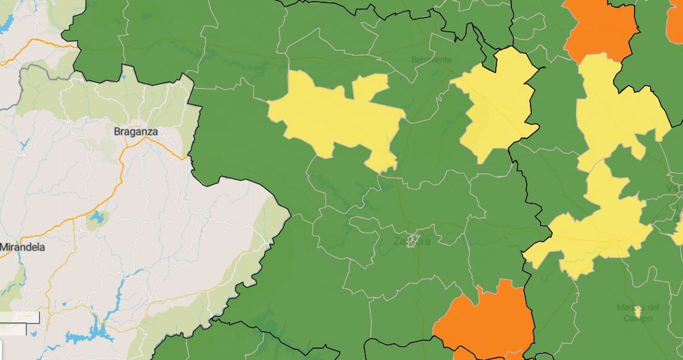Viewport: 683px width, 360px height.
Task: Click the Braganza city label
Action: (x=136, y=132)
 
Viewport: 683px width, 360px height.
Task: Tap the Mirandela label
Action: (x=22, y=247)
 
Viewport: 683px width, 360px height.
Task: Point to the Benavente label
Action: (x=431, y=60)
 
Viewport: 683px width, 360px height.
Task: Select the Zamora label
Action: (x=412, y=241)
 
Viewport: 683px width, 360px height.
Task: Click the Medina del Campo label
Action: (x=638, y=312)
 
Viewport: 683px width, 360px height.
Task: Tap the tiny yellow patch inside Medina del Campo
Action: (x=638, y=312)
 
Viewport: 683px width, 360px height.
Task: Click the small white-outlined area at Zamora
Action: (x=412, y=240)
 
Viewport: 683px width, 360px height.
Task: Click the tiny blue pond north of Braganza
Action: (x=124, y=78)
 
